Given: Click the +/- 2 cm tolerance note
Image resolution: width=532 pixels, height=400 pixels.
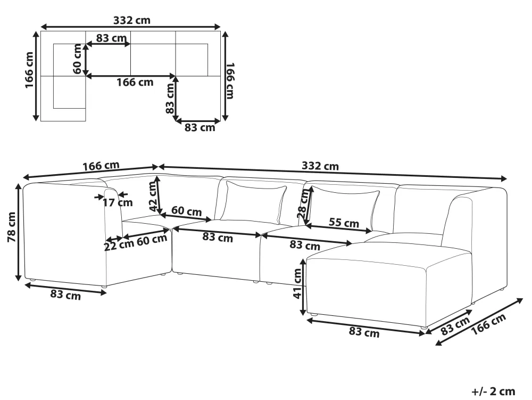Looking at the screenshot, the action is pyautogui.click(x=493, y=391).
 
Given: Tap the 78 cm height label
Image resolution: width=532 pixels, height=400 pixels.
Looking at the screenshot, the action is pyautogui.click(x=12, y=227).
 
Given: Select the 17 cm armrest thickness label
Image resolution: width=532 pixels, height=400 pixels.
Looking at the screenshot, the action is pyautogui.click(x=118, y=203).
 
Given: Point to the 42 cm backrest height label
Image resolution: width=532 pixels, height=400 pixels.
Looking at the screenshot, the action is pyautogui.click(x=154, y=196).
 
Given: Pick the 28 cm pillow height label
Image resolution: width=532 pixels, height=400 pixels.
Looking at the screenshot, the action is pyautogui.click(x=304, y=203).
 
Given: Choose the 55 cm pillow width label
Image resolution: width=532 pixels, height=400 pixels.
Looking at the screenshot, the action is pyautogui.click(x=344, y=223).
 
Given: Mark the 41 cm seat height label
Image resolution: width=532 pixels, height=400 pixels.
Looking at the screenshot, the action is pyautogui.click(x=297, y=283).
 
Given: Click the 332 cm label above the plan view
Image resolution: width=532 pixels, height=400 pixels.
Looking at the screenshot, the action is pyautogui.click(x=131, y=20).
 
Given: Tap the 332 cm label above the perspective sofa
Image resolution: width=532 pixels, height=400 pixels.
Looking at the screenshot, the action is pyautogui.click(x=320, y=166).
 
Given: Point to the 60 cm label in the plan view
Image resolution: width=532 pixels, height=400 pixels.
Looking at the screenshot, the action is pyautogui.click(x=78, y=59).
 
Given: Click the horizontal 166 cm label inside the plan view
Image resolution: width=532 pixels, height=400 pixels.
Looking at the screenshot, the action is pyautogui.click(x=135, y=82).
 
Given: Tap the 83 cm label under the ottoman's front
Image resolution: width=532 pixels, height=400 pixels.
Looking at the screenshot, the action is pyautogui.click(x=364, y=332).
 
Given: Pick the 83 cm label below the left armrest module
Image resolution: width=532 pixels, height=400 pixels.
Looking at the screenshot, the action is pyautogui.click(x=65, y=294).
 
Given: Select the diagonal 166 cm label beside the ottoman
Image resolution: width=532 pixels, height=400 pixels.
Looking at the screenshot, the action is pyautogui.click(x=489, y=324).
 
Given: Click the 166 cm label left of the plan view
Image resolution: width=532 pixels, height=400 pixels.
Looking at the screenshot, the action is pyautogui.click(x=29, y=70).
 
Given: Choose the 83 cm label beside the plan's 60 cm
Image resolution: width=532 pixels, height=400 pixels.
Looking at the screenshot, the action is pyautogui.click(x=111, y=38).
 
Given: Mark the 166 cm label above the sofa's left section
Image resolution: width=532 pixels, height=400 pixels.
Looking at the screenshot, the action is pyautogui.click(x=101, y=166).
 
